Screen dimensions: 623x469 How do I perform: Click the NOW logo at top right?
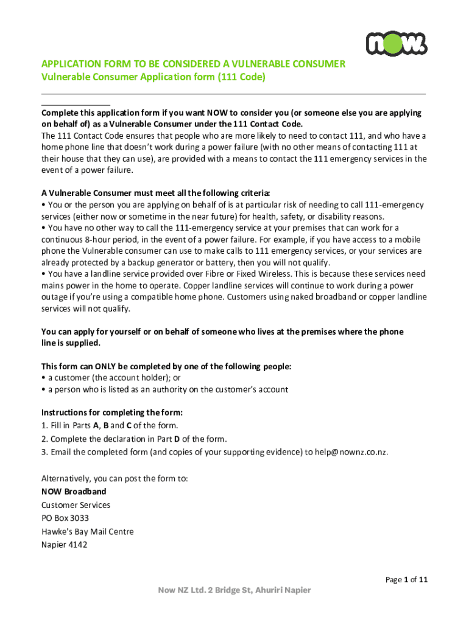tap(397, 43)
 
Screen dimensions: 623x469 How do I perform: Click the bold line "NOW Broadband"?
tap(74, 492)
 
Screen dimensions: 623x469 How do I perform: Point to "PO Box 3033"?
tap(65, 518)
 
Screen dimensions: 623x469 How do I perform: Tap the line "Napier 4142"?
tap(65, 545)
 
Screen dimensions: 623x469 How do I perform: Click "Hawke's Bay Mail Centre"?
tap(87, 532)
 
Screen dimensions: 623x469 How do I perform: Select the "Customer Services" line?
tap(76, 505)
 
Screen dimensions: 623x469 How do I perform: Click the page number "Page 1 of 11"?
tap(407, 580)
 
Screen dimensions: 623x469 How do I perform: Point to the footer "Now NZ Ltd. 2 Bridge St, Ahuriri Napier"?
tap(234, 590)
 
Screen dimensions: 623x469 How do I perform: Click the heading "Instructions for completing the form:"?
tap(112, 412)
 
